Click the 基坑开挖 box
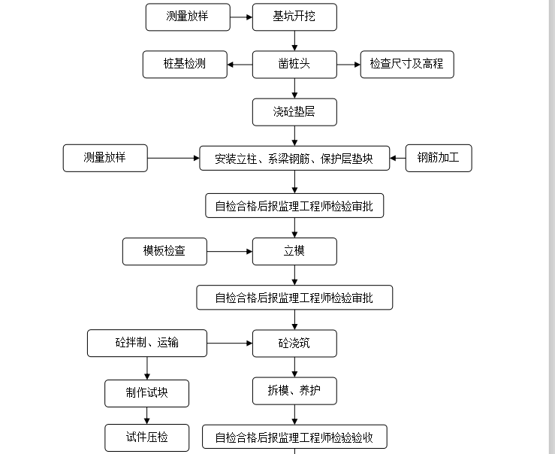point(294,17)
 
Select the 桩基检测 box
point(185,64)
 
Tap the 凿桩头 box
point(294,64)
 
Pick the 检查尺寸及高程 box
point(407,64)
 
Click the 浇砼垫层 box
point(294,112)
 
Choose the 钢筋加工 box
point(439,158)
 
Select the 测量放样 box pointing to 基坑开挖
point(188,17)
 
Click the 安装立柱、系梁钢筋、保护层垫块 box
point(294,159)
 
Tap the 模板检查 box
point(164,251)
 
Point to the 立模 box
point(294,251)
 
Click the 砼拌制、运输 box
point(147,344)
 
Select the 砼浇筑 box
point(294,344)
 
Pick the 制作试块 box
point(147,392)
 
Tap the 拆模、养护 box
point(294,390)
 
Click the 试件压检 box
point(147,437)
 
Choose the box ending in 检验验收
point(294,437)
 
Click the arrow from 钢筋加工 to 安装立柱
point(398,159)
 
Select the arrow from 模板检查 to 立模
point(229,251)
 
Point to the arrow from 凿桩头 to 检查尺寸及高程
point(348,64)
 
